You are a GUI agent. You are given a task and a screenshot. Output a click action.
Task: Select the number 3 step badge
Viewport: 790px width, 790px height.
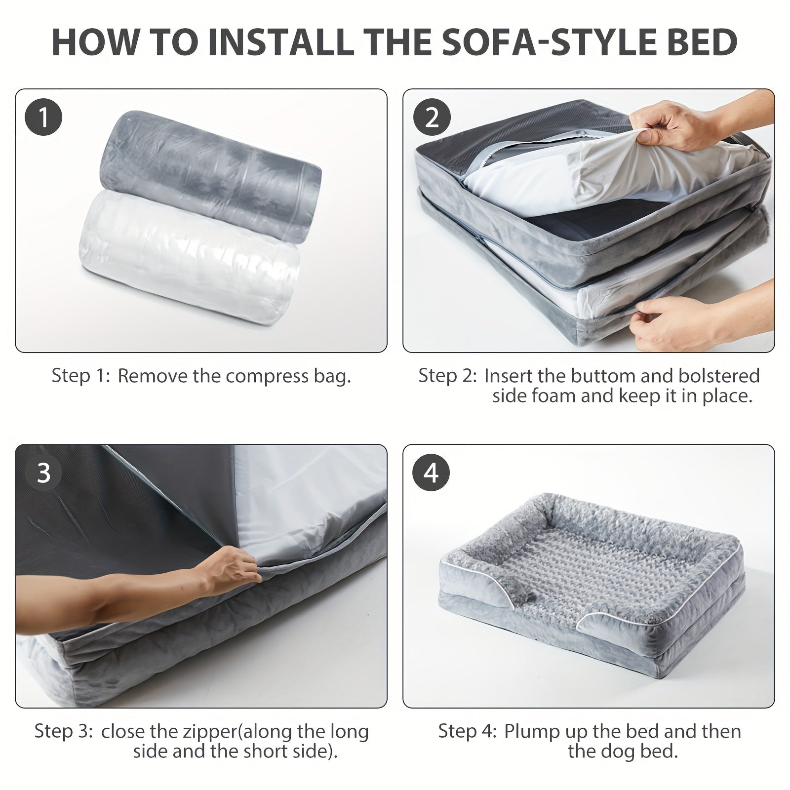[x=43, y=473]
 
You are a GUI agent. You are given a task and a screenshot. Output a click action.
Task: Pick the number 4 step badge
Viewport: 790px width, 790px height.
[x=432, y=473]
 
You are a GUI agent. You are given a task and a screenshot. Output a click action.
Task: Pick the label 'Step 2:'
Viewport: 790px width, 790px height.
[x=448, y=376]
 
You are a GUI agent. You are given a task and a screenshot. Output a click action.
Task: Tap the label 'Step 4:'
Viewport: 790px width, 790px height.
[x=468, y=731]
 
